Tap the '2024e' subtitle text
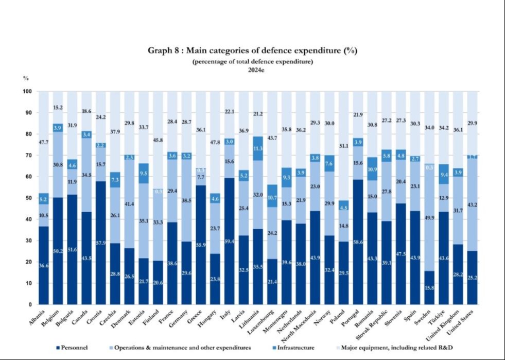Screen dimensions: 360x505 coord(252,70)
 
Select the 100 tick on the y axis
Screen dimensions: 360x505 coord(27,92)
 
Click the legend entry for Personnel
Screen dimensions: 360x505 coord(72,348)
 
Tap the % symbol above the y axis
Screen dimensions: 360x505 coord(25,78)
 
